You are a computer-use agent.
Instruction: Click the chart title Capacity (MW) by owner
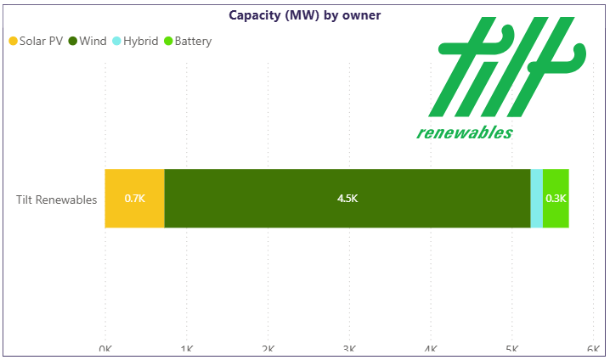(x=304, y=14)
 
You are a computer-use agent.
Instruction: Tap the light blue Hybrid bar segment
(x=536, y=199)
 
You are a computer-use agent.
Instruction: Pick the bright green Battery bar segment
(x=556, y=199)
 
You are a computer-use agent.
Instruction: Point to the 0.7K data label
(x=135, y=199)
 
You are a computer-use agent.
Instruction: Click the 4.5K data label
(x=347, y=199)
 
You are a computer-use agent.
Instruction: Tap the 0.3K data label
(x=556, y=199)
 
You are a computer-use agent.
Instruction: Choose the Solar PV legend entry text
(x=41, y=41)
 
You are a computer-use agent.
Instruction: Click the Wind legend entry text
(x=93, y=41)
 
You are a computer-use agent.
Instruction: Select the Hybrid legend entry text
(x=140, y=41)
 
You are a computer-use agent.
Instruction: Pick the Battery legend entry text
(x=193, y=41)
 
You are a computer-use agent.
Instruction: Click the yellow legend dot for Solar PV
(x=13, y=41)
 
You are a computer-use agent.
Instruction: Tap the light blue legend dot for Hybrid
(x=116, y=41)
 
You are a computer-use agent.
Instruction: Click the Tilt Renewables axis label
(x=56, y=200)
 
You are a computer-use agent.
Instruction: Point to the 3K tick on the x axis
(x=348, y=350)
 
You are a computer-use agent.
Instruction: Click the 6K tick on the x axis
(x=593, y=350)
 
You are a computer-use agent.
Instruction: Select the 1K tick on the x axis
(x=186, y=350)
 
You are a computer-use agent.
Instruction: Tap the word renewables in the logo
(x=465, y=132)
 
